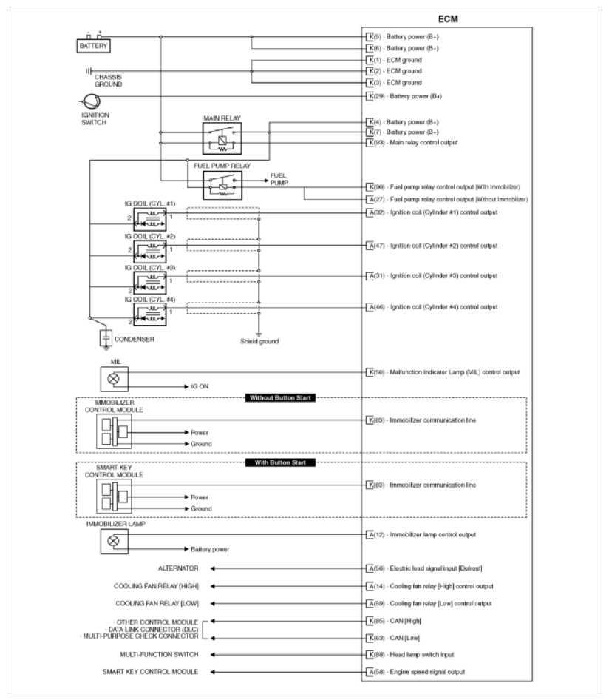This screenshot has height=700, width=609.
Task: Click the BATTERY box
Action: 94,46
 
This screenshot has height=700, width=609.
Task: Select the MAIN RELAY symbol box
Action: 222,138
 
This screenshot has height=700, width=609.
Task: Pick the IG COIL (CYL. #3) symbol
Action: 150,281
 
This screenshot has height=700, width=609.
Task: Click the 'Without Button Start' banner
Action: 280,398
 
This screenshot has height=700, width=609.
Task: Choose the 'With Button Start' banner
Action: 280,462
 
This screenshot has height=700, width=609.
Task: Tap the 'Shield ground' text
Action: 259,342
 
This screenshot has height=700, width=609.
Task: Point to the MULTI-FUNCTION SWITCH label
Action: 159,654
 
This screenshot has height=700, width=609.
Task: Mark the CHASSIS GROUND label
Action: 108,80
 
